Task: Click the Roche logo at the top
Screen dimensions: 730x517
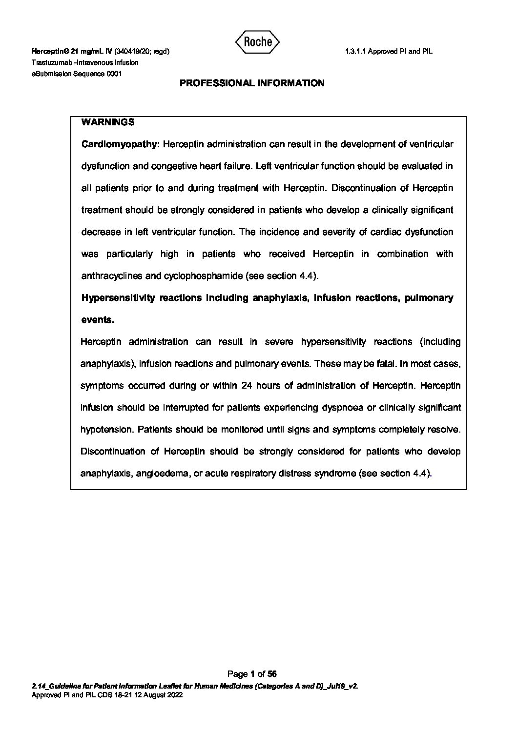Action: [257, 42]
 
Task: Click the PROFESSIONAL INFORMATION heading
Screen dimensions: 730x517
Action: [252, 83]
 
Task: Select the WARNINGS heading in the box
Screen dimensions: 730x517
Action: [108, 122]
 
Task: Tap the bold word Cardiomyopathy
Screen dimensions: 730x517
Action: [120, 144]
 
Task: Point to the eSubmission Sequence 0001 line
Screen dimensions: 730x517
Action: [77, 74]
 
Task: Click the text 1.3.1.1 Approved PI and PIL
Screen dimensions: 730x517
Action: [389, 51]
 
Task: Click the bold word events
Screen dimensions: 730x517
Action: [97, 320]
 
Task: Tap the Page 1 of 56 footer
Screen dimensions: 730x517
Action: [252, 674]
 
